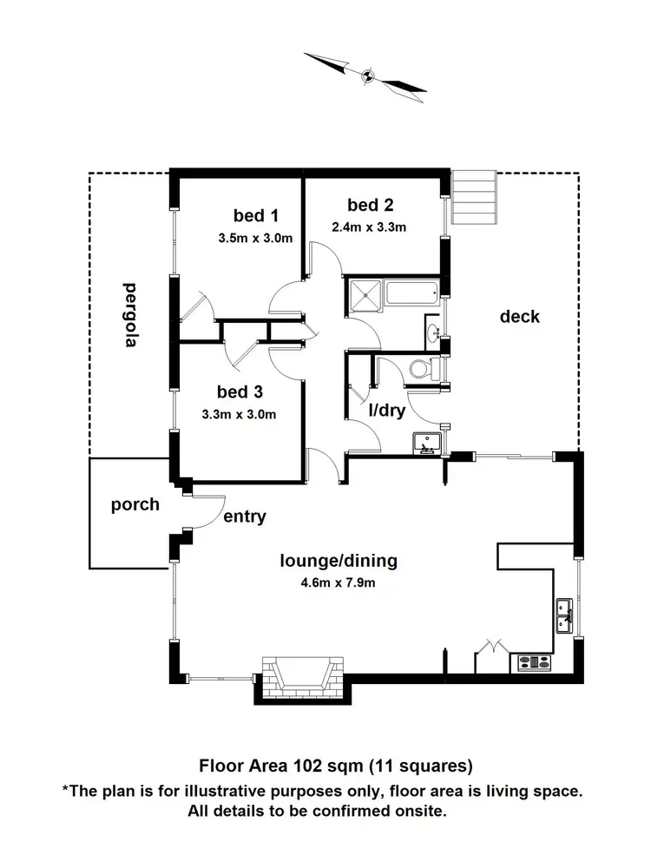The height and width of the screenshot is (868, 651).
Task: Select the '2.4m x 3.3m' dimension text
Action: (x=369, y=227)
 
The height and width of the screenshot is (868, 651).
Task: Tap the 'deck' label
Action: (x=519, y=316)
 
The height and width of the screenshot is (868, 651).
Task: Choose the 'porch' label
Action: (x=135, y=504)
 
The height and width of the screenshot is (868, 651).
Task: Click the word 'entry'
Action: (x=245, y=516)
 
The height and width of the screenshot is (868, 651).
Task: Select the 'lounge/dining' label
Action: (x=338, y=560)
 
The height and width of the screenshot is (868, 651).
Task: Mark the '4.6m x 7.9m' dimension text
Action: (x=339, y=582)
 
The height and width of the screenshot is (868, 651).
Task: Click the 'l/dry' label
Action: (x=387, y=411)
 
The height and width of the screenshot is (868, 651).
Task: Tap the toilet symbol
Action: (x=423, y=369)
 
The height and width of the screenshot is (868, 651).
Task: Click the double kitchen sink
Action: (x=563, y=615)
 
